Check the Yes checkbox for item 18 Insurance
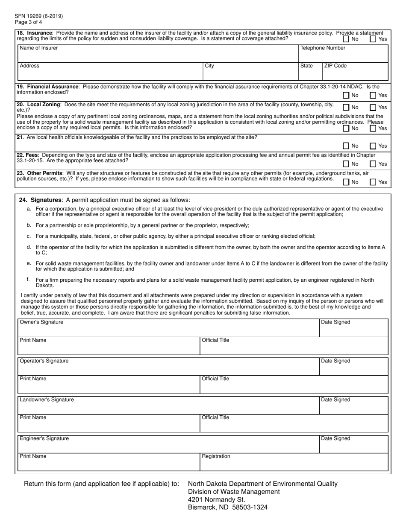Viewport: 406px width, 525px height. click(x=373, y=39)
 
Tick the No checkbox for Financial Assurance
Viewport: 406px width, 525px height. click(x=346, y=96)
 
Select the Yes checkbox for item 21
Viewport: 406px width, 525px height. click(x=373, y=146)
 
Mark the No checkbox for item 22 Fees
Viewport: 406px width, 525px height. click(x=346, y=164)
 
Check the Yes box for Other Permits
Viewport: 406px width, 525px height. click(x=373, y=182)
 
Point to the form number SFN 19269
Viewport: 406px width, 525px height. click(x=39, y=16)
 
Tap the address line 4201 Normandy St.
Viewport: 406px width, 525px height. click(x=217, y=499)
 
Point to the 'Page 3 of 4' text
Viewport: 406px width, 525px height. click(x=29, y=22)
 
